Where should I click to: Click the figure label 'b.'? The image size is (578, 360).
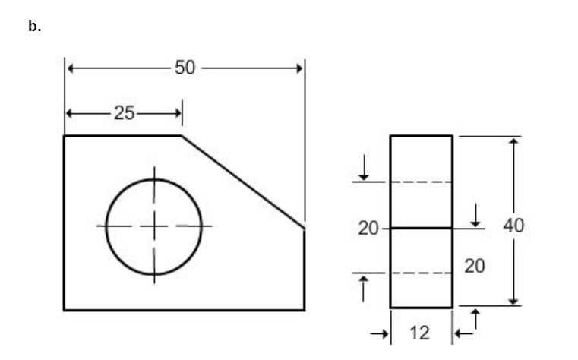click(x=33, y=27)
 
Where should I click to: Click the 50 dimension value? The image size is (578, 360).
click(x=185, y=68)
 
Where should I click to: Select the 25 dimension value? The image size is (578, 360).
click(x=124, y=114)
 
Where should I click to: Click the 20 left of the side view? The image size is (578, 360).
click(x=368, y=228)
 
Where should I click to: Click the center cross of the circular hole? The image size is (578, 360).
click(x=154, y=226)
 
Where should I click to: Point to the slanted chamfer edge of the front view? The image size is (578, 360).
click(x=243, y=181)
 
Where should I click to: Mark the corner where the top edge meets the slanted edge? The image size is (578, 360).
click(x=182, y=136)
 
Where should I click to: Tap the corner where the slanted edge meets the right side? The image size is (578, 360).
click(x=305, y=227)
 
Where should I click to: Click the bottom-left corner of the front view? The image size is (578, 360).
click(x=64, y=310)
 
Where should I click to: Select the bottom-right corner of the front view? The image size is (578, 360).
click(x=305, y=310)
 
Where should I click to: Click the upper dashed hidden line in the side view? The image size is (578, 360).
click(x=422, y=182)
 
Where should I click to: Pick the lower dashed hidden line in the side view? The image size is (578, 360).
click(x=422, y=273)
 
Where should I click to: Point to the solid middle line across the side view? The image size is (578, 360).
click(x=422, y=228)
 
